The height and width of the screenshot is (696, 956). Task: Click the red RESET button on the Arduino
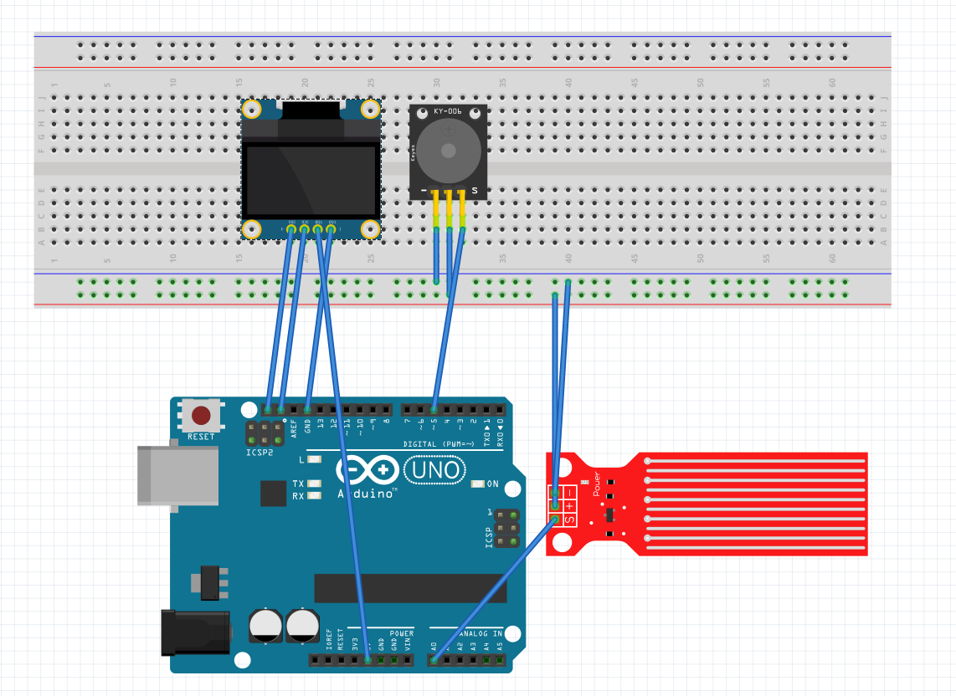pyautogui.click(x=202, y=415)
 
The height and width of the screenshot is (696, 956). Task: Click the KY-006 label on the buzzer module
pyautogui.click(x=448, y=111)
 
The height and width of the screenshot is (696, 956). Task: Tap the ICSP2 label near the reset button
pyautogui.click(x=259, y=453)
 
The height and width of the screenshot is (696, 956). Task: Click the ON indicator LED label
pyautogui.click(x=493, y=484)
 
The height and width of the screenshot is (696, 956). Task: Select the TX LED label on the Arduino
pyautogui.click(x=298, y=484)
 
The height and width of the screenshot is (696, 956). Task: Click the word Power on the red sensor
pyautogui.click(x=597, y=484)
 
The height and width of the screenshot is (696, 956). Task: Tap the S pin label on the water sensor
pyautogui.click(x=569, y=519)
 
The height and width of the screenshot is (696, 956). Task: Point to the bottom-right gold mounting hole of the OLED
pyautogui.click(x=369, y=228)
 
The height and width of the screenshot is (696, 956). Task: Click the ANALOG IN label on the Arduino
pyautogui.click(x=479, y=633)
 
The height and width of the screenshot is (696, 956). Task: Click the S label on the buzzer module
pyautogui.click(x=475, y=192)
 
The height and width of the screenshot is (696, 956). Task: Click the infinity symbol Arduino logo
pyautogui.click(x=367, y=469)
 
